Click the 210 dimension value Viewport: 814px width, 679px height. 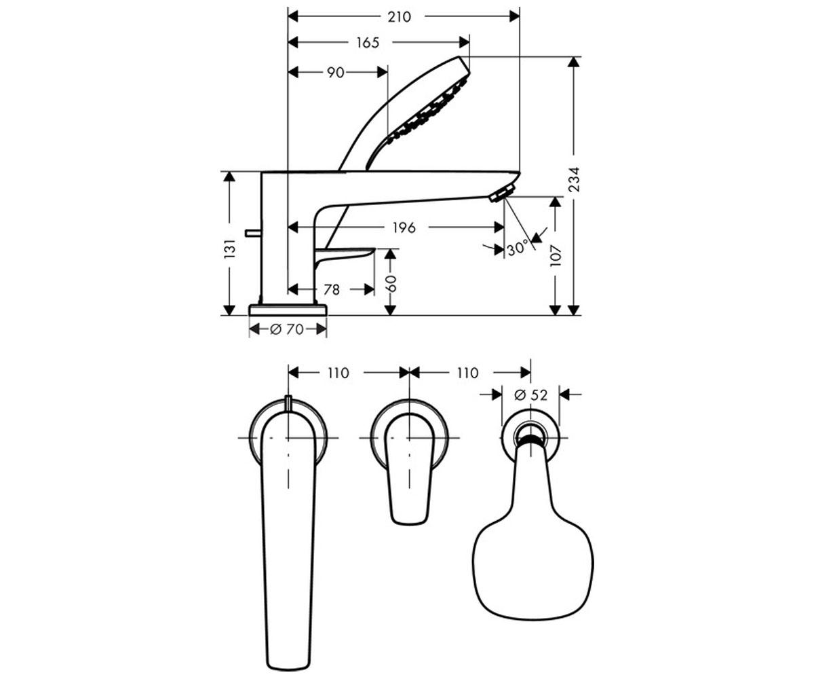[x=400, y=17]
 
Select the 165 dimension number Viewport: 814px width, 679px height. [x=367, y=43]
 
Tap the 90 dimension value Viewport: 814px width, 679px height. [x=335, y=73]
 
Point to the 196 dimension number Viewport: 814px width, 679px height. [x=404, y=227]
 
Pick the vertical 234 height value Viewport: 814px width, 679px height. [x=574, y=179]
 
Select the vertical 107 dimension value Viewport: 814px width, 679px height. [x=555, y=255]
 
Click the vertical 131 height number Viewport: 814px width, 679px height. [x=230, y=249]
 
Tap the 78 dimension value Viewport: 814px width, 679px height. [x=332, y=289]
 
